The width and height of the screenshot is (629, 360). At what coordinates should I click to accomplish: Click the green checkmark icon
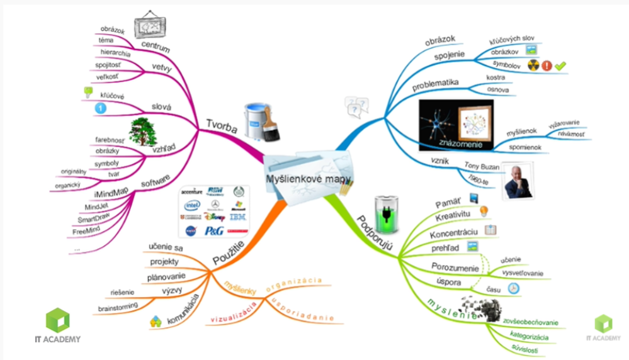coord(561,65)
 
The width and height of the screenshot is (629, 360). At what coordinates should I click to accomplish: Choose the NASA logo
coord(191,232)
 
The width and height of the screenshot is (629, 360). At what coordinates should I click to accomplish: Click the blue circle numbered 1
coord(99,109)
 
